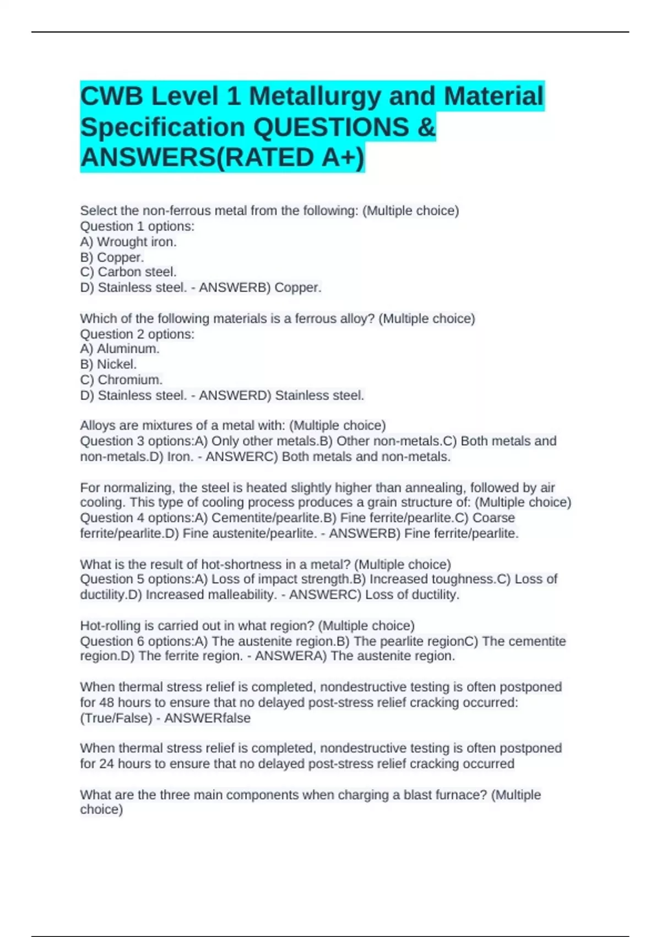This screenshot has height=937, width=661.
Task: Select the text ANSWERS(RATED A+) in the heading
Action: click(x=222, y=158)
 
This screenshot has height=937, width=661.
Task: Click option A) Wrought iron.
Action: click(x=128, y=241)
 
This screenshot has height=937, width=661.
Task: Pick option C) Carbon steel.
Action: click(x=128, y=272)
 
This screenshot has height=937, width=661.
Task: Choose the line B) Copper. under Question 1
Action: click(x=112, y=257)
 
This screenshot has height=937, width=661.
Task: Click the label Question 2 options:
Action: click(x=137, y=334)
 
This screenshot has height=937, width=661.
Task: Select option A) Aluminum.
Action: click(x=120, y=349)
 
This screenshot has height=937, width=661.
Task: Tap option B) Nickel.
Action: click(x=109, y=364)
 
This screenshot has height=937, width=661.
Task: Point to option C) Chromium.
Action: click(x=121, y=380)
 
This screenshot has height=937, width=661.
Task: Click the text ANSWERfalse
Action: click(x=207, y=718)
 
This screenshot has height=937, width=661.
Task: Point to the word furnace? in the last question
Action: click(x=460, y=795)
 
